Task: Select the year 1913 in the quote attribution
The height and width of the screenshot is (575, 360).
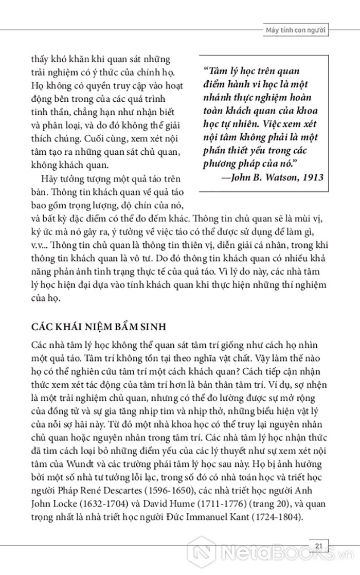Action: (x=309, y=177)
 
